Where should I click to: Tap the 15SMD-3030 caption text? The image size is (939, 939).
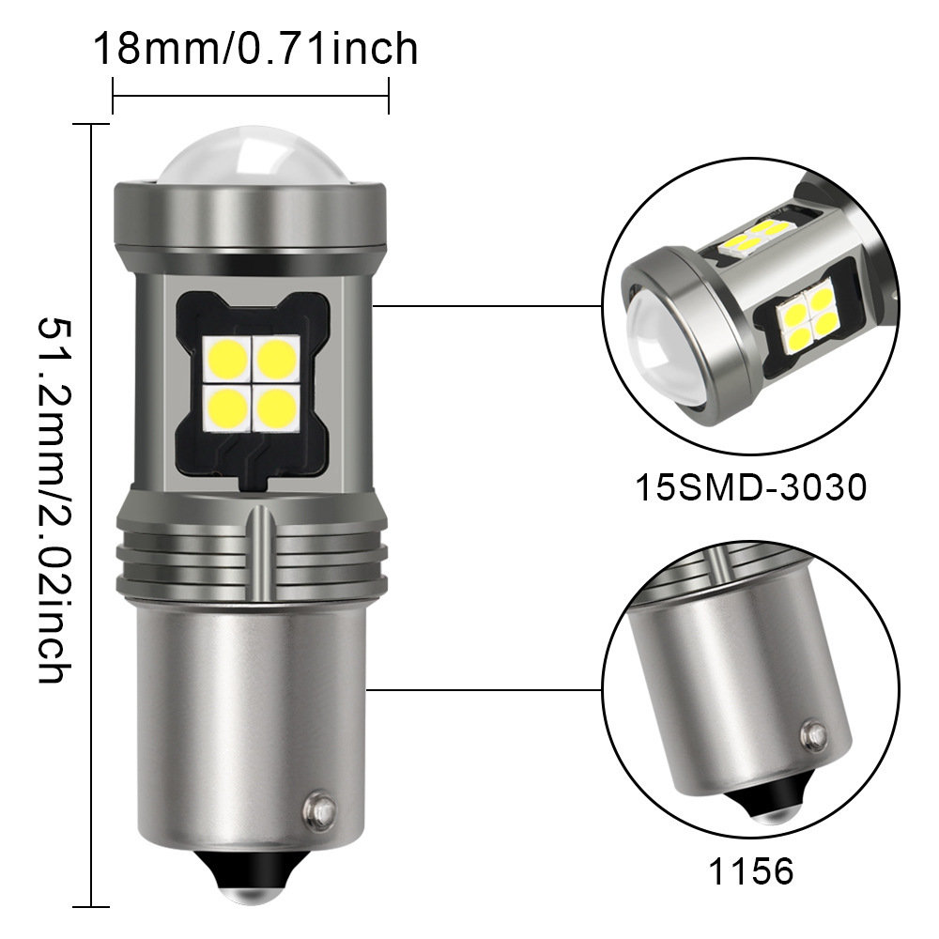[x=749, y=488]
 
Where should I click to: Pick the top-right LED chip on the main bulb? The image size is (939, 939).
[x=276, y=357]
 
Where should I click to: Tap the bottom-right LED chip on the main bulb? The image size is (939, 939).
[x=276, y=407]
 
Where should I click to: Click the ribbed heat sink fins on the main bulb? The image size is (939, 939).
[x=249, y=559]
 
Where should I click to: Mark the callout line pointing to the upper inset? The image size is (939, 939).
[x=488, y=305]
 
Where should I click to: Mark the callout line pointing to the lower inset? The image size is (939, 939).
[x=488, y=688]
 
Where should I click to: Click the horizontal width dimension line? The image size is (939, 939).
[x=250, y=94]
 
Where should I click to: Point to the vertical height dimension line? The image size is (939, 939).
[x=91, y=516]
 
